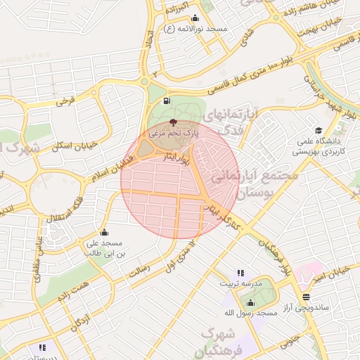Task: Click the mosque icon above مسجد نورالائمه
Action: coord(195,18)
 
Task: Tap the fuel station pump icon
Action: coord(167,101)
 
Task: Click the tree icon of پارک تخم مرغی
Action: coord(174,124)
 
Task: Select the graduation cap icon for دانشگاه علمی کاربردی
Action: coord(318,130)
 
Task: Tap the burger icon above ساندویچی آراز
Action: coord(304,297)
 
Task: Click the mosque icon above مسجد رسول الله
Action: coord(250,303)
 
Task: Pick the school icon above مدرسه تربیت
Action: coord(240,273)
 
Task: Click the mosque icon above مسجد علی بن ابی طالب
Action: coord(105,233)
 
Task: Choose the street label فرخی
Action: coord(65,101)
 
